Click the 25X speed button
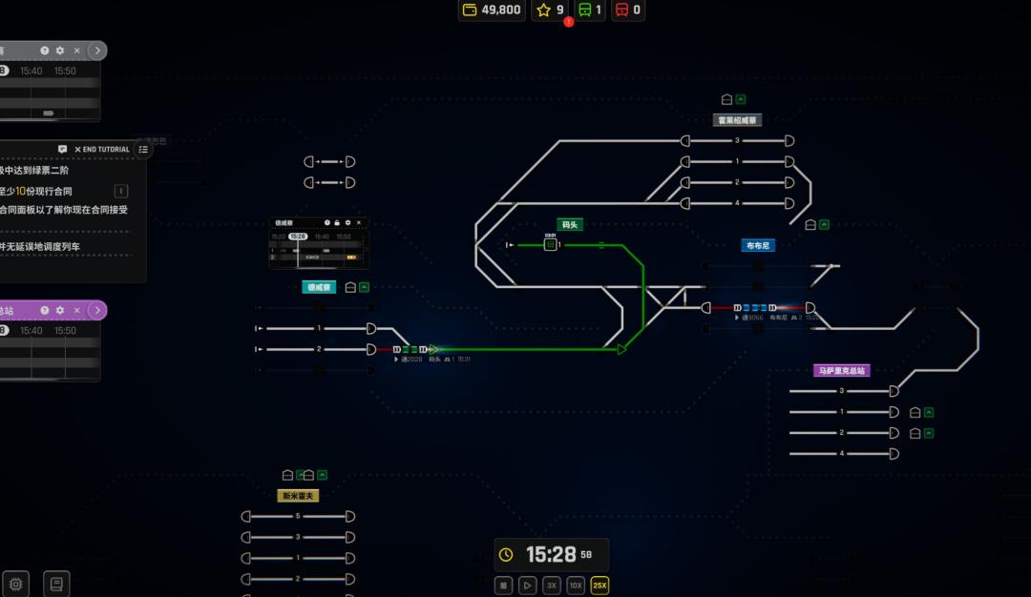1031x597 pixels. pyautogui.click(x=600, y=586)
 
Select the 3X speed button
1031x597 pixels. pyautogui.click(x=552, y=586)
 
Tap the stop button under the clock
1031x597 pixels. pyautogui.click(x=504, y=586)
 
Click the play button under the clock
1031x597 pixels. pyautogui.click(x=528, y=586)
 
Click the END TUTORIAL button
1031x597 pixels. pyautogui.click(x=103, y=150)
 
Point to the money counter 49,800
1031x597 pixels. pyautogui.click(x=492, y=10)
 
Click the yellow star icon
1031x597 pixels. pyautogui.click(x=544, y=10)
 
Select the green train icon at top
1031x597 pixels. pyautogui.click(x=583, y=10)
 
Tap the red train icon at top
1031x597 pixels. pyautogui.click(x=621, y=10)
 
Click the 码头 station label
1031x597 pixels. pyautogui.click(x=570, y=225)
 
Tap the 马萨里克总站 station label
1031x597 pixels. pyautogui.click(x=842, y=370)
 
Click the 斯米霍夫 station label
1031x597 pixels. pyautogui.click(x=297, y=496)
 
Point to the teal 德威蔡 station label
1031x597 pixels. pyautogui.click(x=319, y=287)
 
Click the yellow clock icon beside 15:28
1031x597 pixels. pyautogui.click(x=506, y=555)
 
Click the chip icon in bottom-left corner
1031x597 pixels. pyautogui.click(x=15, y=583)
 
